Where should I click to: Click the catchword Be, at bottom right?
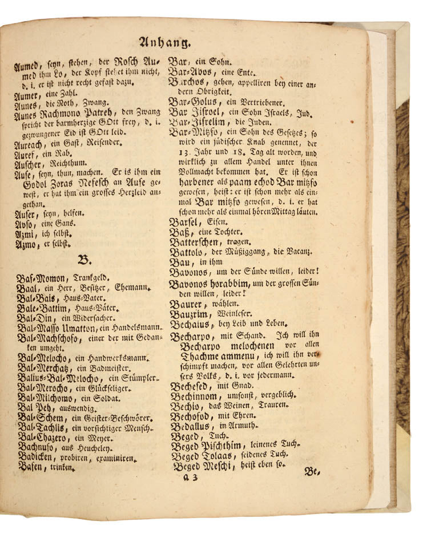(x=313, y=471)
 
